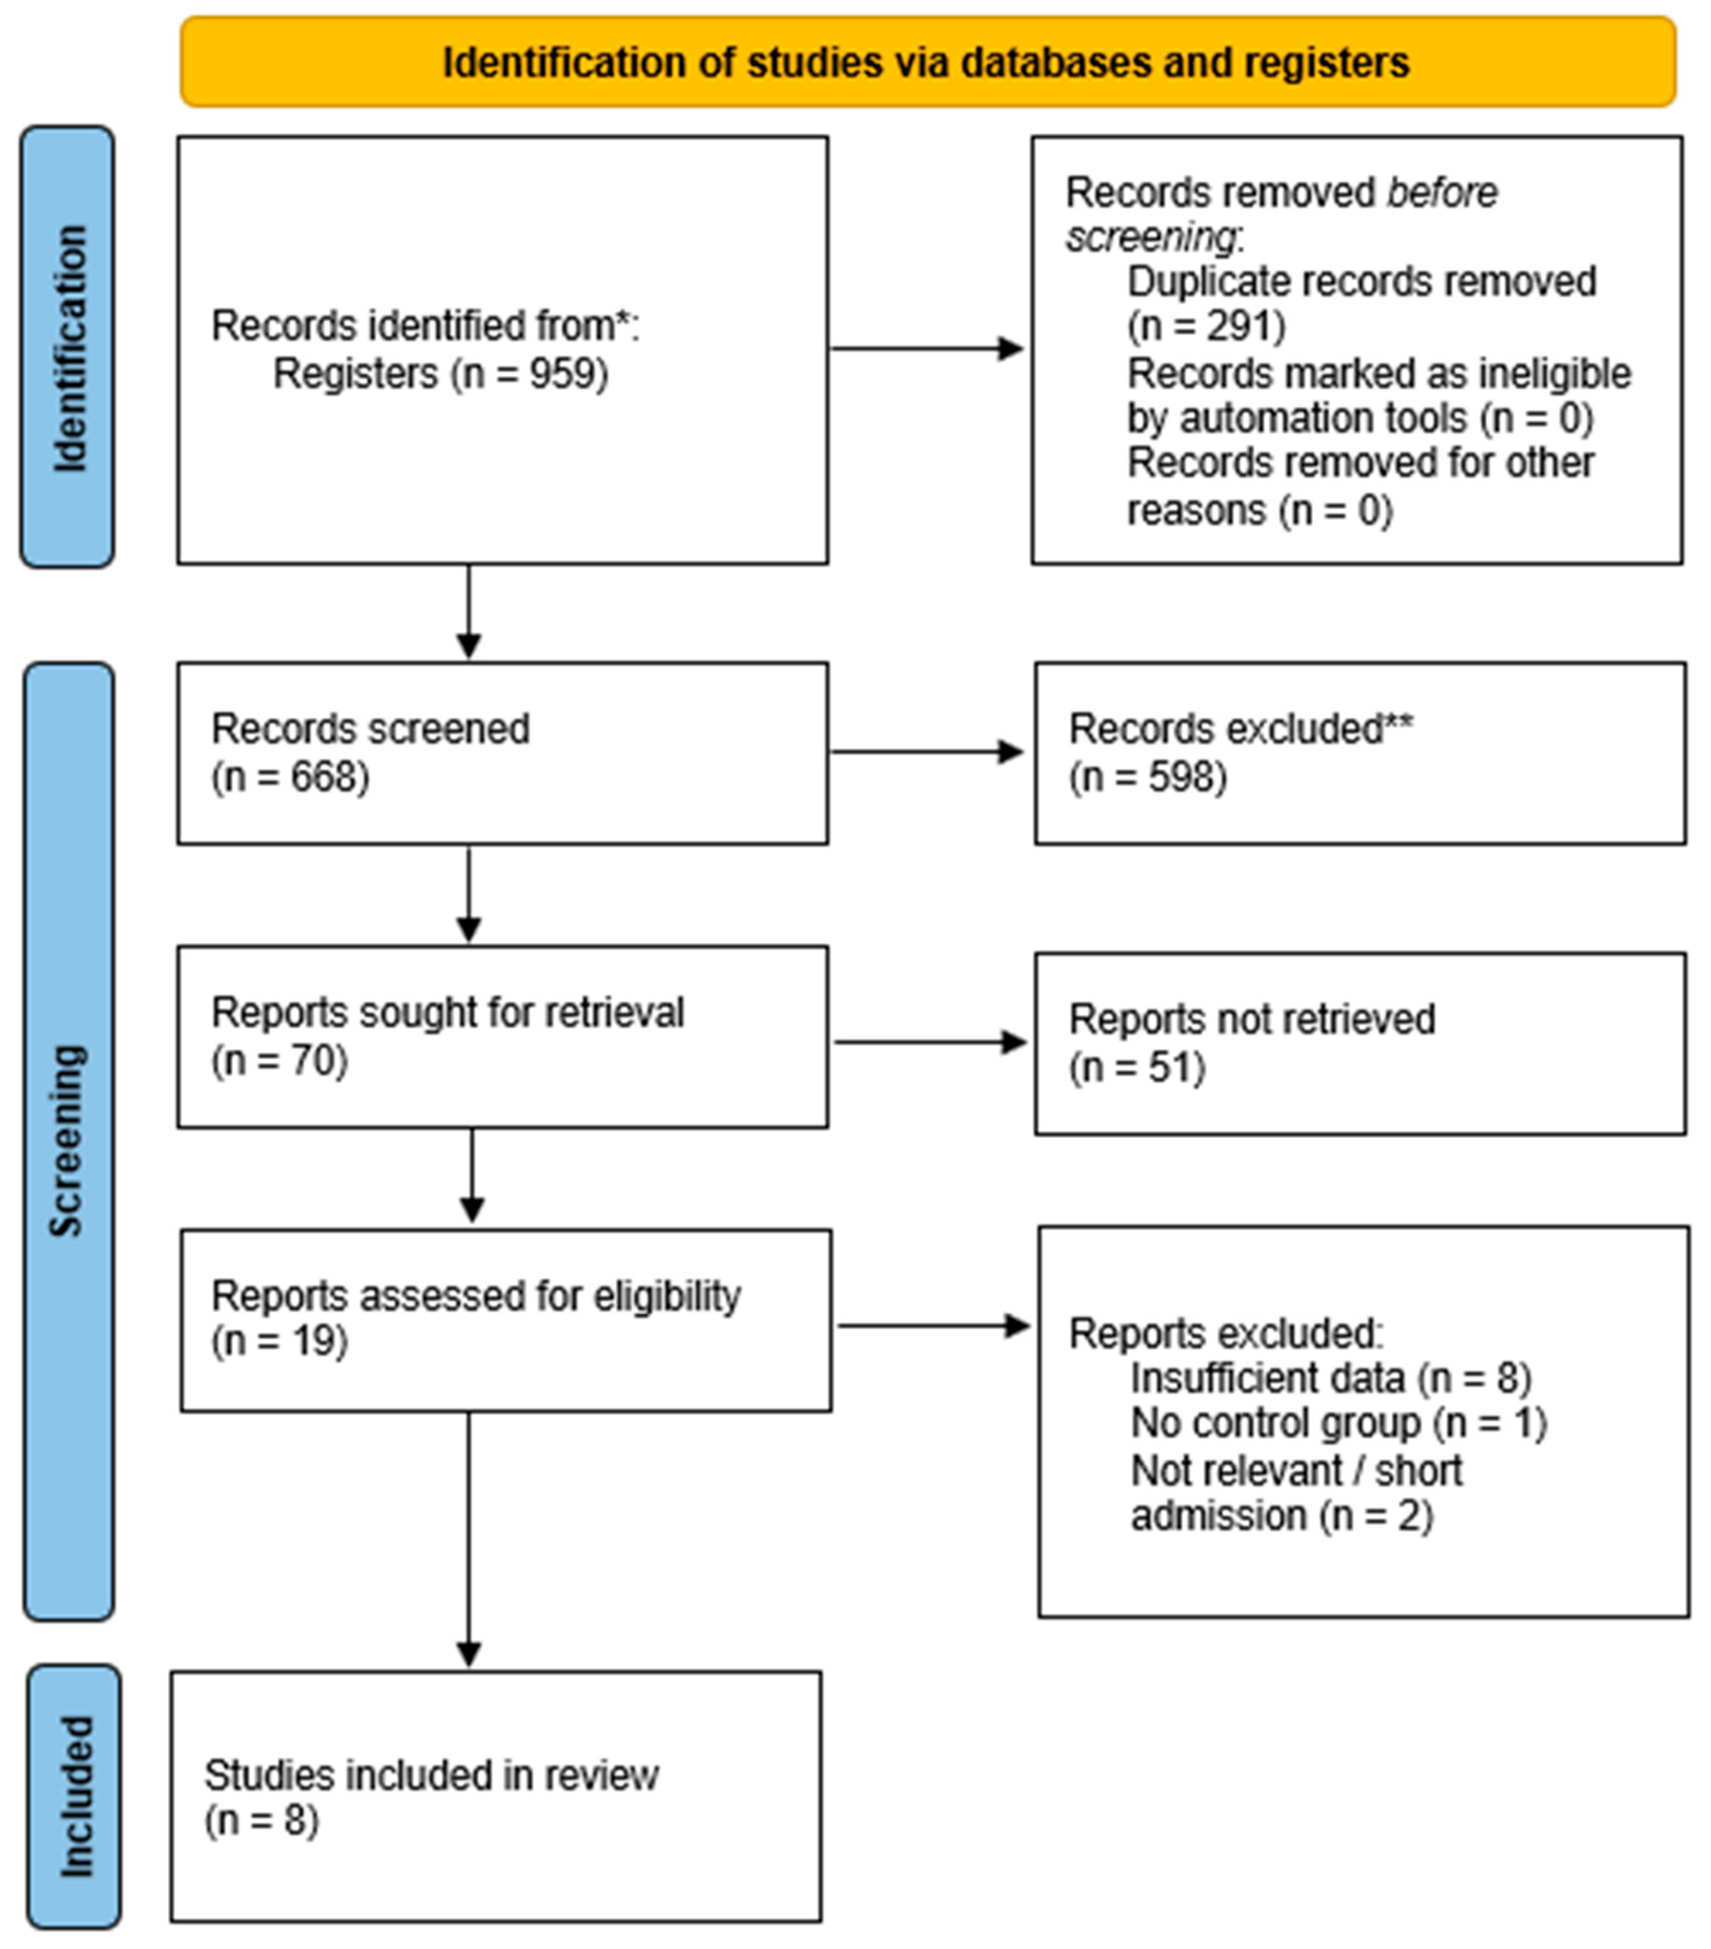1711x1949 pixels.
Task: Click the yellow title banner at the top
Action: pos(927,62)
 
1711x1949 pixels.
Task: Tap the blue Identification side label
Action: pos(68,347)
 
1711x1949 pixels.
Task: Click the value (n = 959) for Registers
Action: pos(529,373)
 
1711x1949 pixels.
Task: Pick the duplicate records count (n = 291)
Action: pos(1207,326)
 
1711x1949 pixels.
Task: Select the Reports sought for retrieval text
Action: pos(447,1013)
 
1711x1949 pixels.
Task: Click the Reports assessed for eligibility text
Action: pos(476,1296)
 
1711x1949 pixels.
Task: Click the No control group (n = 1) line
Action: pos(1339,1423)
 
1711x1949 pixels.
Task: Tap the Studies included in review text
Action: pos(431,1776)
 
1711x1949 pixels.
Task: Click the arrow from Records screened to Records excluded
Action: pos(927,752)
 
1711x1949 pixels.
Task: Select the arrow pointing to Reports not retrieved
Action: pos(931,1042)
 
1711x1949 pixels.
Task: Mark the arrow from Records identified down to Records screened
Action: pos(468,611)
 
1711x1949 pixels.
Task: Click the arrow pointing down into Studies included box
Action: pos(468,1540)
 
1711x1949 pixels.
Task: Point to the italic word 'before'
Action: pos(1442,193)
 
